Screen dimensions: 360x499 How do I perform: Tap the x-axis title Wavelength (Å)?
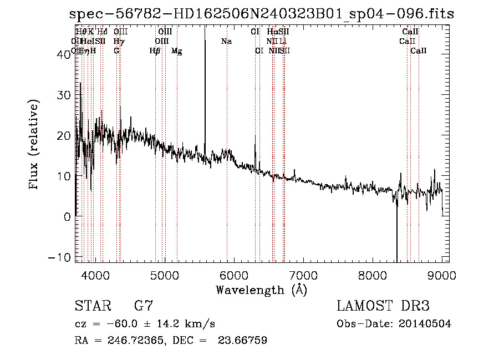[261, 290]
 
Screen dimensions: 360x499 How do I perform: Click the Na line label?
[226, 42]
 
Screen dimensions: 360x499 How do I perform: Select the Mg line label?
[176, 51]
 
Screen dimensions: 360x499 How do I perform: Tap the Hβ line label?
[155, 51]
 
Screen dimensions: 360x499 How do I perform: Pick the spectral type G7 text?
[144, 306]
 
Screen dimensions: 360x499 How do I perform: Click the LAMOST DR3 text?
[383, 306]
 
